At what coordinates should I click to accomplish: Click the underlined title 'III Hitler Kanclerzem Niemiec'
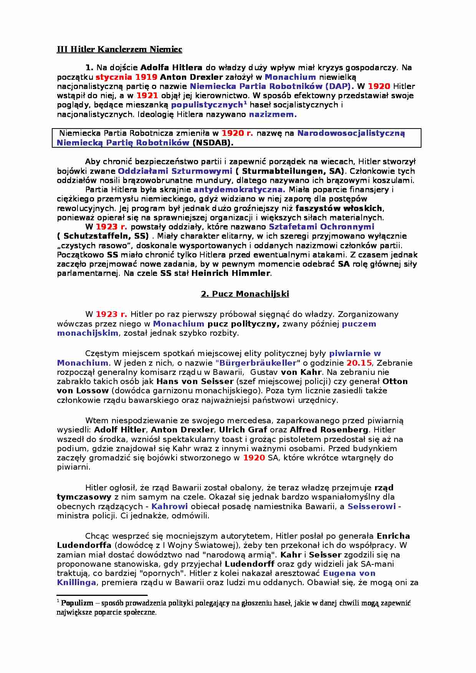pyautogui.click(x=119, y=49)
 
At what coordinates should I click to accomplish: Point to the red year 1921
pyautogui.click(x=147, y=96)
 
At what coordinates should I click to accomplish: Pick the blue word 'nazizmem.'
pyautogui.click(x=273, y=114)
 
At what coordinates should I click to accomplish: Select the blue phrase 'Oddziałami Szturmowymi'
pyautogui.click(x=175, y=171)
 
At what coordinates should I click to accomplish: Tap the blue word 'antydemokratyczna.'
pyautogui.click(x=239, y=190)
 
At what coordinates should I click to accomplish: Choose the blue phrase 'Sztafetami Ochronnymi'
pyautogui.click(x=321, y=227)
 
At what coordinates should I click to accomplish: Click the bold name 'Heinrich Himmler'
pyautogui.click(x=231, y=274)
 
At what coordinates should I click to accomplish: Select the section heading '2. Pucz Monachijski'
pyautogui.click(x=245, y=294)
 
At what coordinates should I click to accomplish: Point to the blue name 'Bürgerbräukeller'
pyautogui.click(x=258, y=363)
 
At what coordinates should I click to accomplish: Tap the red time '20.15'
pyautogui.click(x=359, y=363)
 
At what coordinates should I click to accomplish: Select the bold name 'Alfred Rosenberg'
pyautogui.click(x=329, y=430)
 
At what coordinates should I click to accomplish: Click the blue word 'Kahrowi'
pyautogui.click(x=169, y=506)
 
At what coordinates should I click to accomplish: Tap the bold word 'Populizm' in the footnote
pyautogui.click(x=77, y=603)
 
